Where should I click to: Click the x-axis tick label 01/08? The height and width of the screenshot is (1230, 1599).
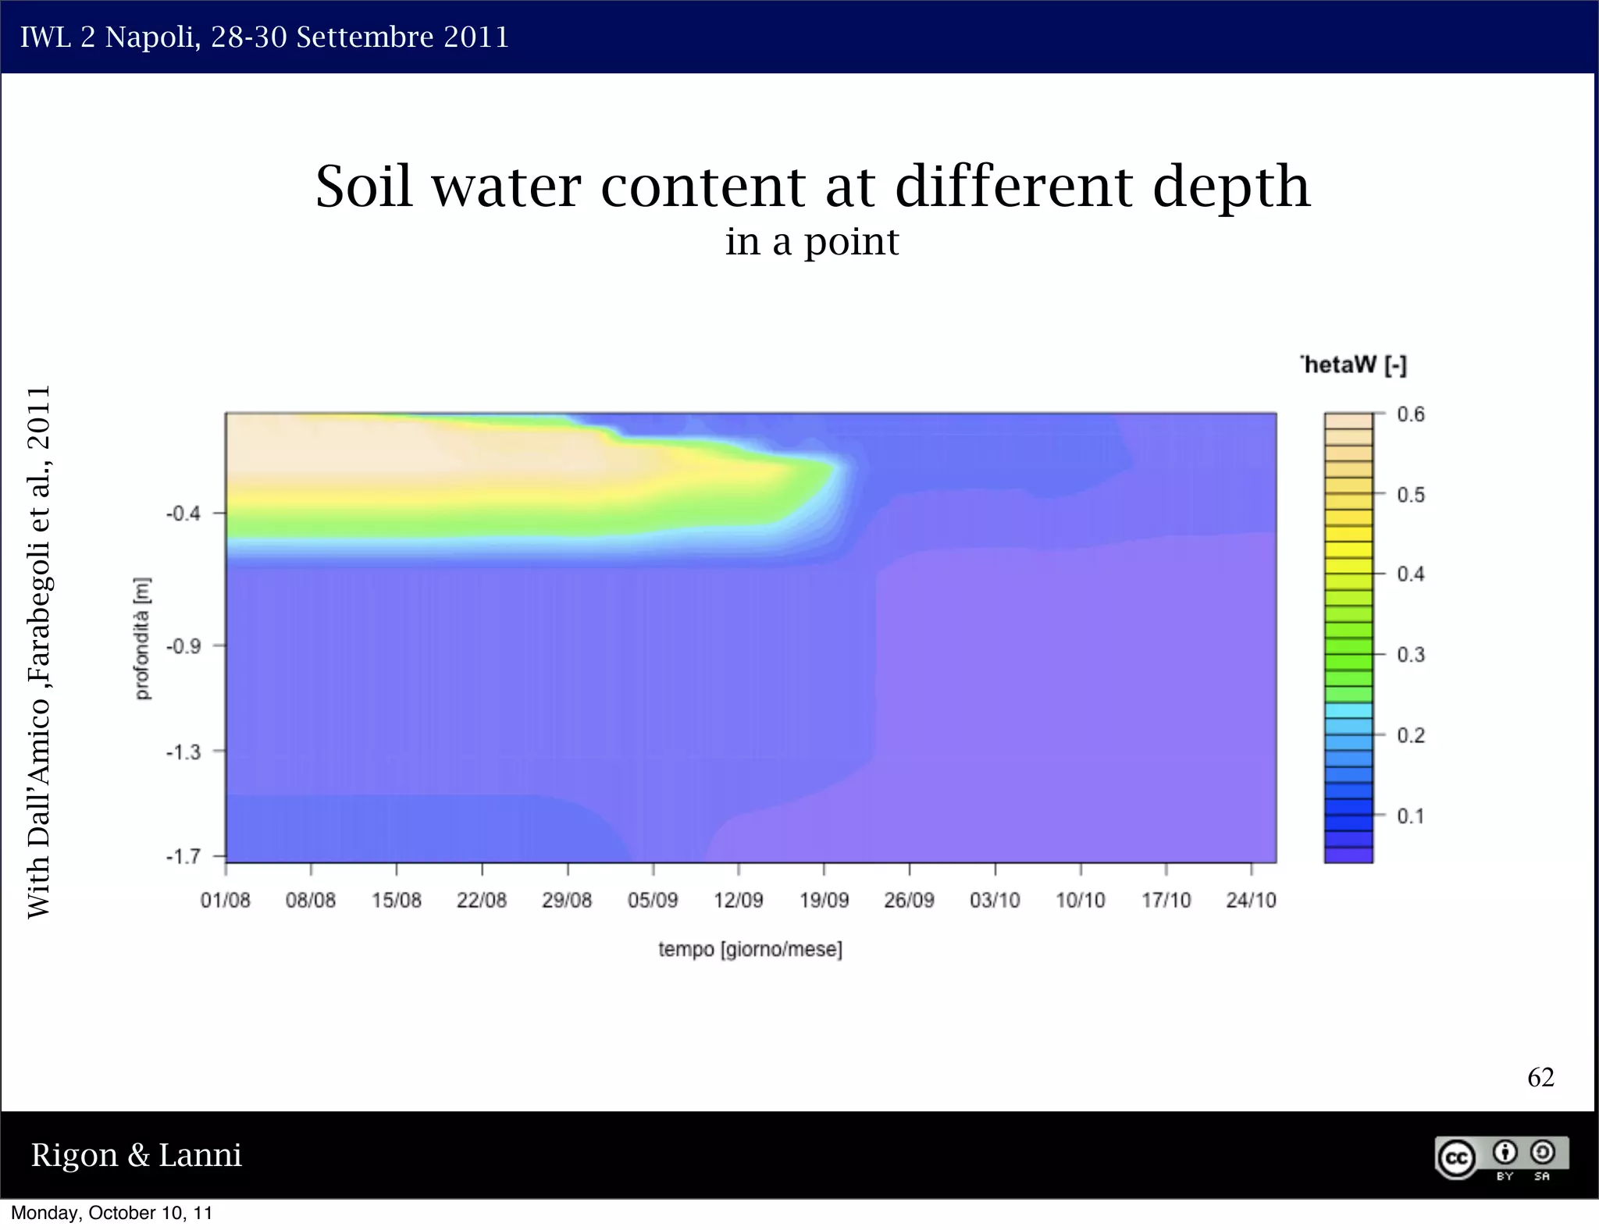[225, 900]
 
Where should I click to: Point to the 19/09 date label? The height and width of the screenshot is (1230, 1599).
[824, 900]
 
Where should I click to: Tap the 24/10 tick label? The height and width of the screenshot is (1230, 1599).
[1251, 900]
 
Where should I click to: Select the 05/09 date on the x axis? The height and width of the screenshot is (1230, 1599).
[653, 900]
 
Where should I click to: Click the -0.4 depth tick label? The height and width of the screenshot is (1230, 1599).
[183, 514]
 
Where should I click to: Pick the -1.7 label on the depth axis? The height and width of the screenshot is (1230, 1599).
[183, 856]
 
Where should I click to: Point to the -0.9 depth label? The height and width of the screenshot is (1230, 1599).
[183, 646]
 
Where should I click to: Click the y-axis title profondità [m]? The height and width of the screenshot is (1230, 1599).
[142, 638]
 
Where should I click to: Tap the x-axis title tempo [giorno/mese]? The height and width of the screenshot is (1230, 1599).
[750, 950]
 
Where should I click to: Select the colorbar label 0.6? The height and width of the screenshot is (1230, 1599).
[1410, 414]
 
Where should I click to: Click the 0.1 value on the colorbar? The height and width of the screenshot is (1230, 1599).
[1410, 816]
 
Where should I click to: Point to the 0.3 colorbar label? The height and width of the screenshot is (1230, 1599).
[1410, 655]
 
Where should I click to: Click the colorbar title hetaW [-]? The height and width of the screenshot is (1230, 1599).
[1355, 365]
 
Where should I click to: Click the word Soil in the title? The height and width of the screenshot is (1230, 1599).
[364, 187]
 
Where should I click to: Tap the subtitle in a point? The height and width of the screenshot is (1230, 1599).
[811, 241]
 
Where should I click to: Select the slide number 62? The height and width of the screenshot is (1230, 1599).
[1540, 1077]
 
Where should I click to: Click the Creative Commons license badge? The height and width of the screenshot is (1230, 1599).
[1501, 1157]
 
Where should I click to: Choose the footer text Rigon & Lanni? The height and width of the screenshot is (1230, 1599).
[137, 1155]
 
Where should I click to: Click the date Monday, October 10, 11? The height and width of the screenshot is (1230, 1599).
[112, 1213]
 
